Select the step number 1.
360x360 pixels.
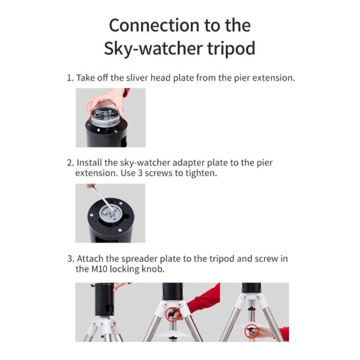click(70, 78)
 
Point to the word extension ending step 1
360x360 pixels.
click(272, 78)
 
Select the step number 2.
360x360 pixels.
click(70, 163)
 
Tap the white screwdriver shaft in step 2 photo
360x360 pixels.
click(99, 199)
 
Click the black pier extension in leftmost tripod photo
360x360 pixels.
click(103, 298)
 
